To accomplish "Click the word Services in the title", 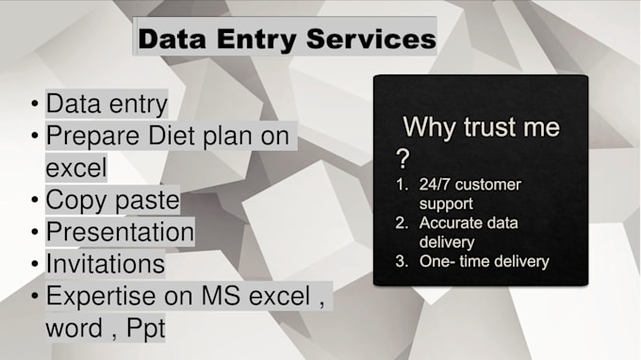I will coord(375,40).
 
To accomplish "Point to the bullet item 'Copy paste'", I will coord(112,200).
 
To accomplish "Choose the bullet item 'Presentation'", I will coord(120,232).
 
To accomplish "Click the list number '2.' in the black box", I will coord(401,222).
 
